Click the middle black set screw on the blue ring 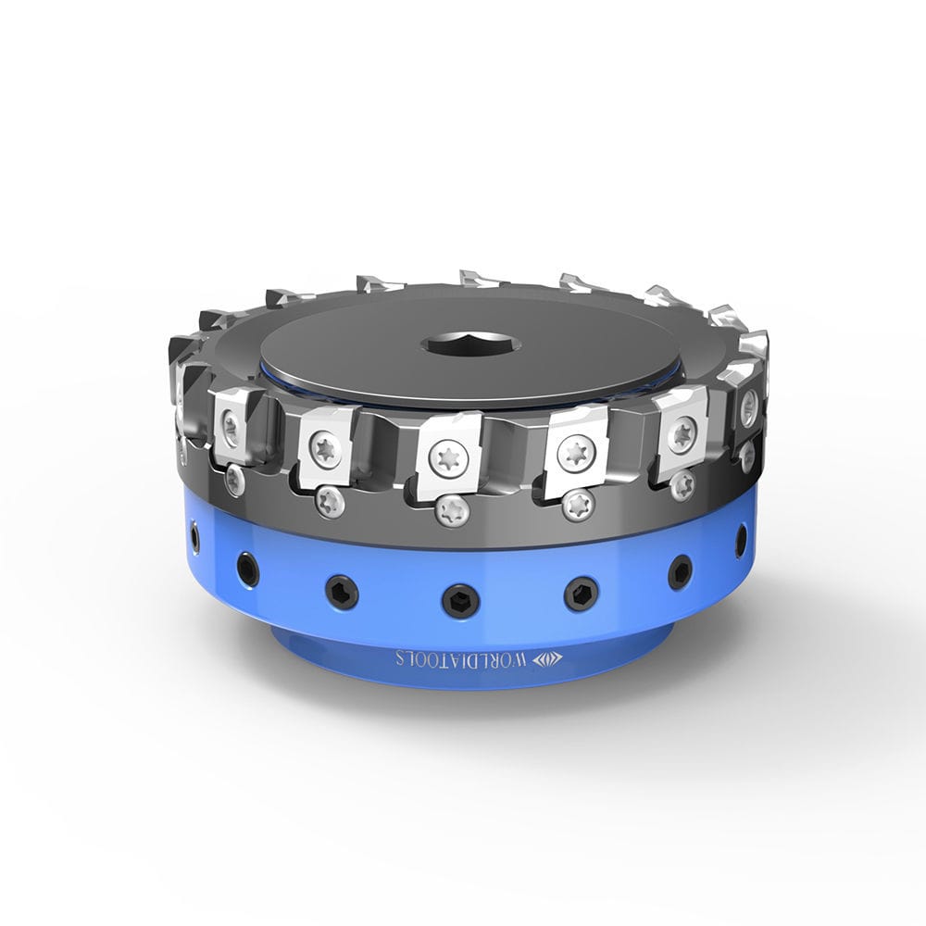click(459, 600)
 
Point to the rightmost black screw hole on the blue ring click(742, 539)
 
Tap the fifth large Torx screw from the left click(682, 433)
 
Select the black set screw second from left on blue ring click(248, 567)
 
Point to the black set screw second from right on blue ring click(679, 571)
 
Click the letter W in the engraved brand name click(517, 660)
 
